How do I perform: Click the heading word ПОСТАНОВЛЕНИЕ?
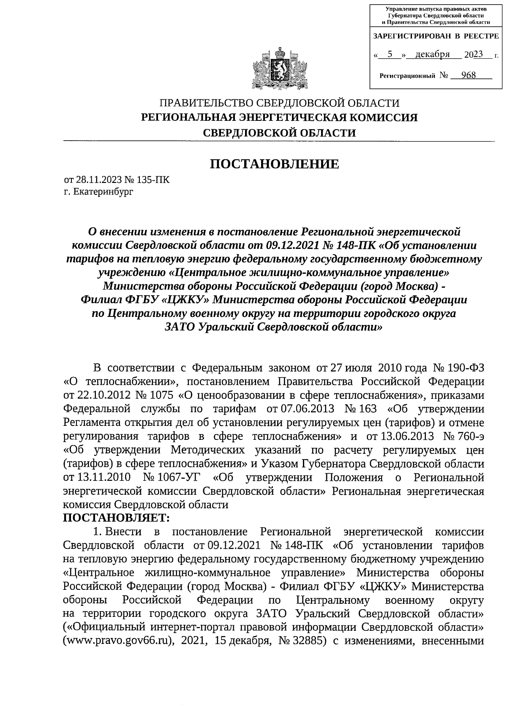point(275,164)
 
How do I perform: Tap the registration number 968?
point(468,75)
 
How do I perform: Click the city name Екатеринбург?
point(103,192)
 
